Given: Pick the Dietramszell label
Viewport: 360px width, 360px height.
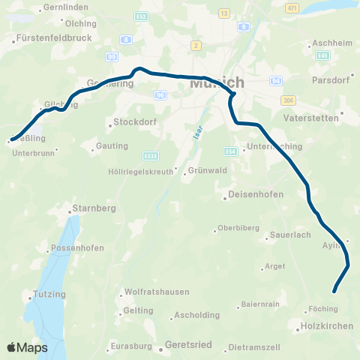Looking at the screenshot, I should (254, 347).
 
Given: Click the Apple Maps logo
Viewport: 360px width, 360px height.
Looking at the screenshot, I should (27, 347).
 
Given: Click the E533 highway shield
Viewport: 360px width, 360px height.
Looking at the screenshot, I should (151, 156).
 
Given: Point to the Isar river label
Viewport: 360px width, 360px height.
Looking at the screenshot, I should (198, 134).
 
